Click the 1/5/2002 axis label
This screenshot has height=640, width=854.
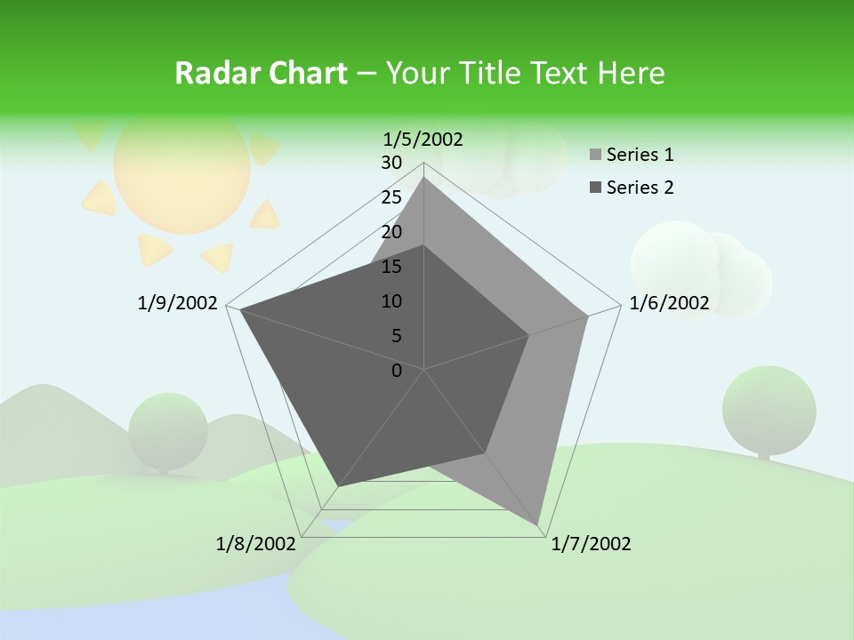coord(423,139)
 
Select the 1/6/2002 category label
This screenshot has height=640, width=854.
coord(669,303)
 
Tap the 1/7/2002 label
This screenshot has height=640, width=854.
coord(591,544)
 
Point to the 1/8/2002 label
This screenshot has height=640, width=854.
coord(256,544)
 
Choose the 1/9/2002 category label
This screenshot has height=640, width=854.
coord(177,303)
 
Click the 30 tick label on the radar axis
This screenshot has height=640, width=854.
coord(391,163)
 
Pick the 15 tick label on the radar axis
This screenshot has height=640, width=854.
coord(391,267)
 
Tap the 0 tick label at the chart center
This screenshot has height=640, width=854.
coord(397,371)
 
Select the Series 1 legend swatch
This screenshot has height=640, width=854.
coord(595,156)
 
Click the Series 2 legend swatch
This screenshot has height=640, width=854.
coord(595,188)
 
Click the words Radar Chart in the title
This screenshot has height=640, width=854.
coord(261,73)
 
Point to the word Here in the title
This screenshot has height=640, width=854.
coord(632,73)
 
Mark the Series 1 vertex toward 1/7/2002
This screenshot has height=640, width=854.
coord(540,525)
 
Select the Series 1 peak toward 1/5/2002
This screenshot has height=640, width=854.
coord(423,177)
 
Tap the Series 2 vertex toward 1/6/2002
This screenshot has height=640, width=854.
coord(529,335)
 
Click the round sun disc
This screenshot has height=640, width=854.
coord(181,169)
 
